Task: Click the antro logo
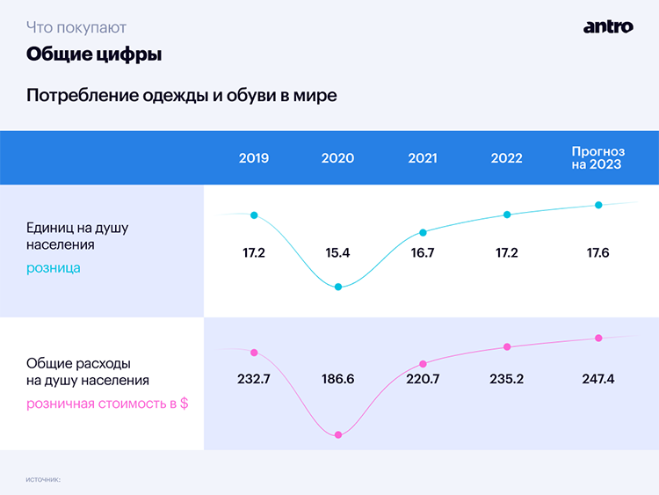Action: pyautogui.click(x=608, y=26)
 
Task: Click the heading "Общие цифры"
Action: pyautogui.click(x=94, y=55)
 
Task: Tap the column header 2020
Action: pyautogui.click(x=338, y=158)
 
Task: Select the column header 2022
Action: pyautogui.click(x=507, y=158)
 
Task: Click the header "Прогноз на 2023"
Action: pyautogui.click(x=597, y=158)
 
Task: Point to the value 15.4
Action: pyautogui.click(x=338, y=253)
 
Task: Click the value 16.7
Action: pyautogui.click(x=423, y=253)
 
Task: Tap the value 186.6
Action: pyautogui.click(x=338, y=379)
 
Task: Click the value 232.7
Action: pyautogui.click(x=254, y=379)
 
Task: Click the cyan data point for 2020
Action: pyautogui.click(x=338, y=287)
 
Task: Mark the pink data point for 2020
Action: pyautogui.click(x=338, y=434)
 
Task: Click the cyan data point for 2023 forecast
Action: pyautogui.click(x=598, y=205)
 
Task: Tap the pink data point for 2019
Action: pyautogui.click(x=254, y=353)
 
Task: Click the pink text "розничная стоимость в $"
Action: pyautogui.click(x=107, y=404)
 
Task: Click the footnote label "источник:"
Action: pyautogui.click(x=43, y=479)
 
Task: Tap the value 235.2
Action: pyautogui.click(x=507, y=379)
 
